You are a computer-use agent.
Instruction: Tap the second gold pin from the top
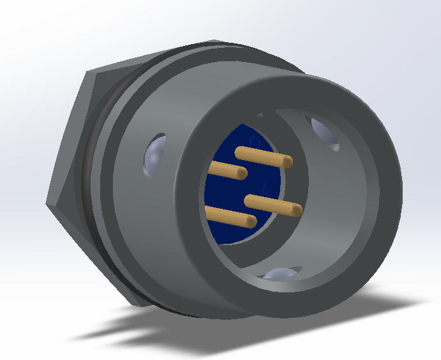226,169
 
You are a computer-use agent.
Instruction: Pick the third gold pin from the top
271,204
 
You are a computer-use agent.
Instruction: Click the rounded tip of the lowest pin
250,221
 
